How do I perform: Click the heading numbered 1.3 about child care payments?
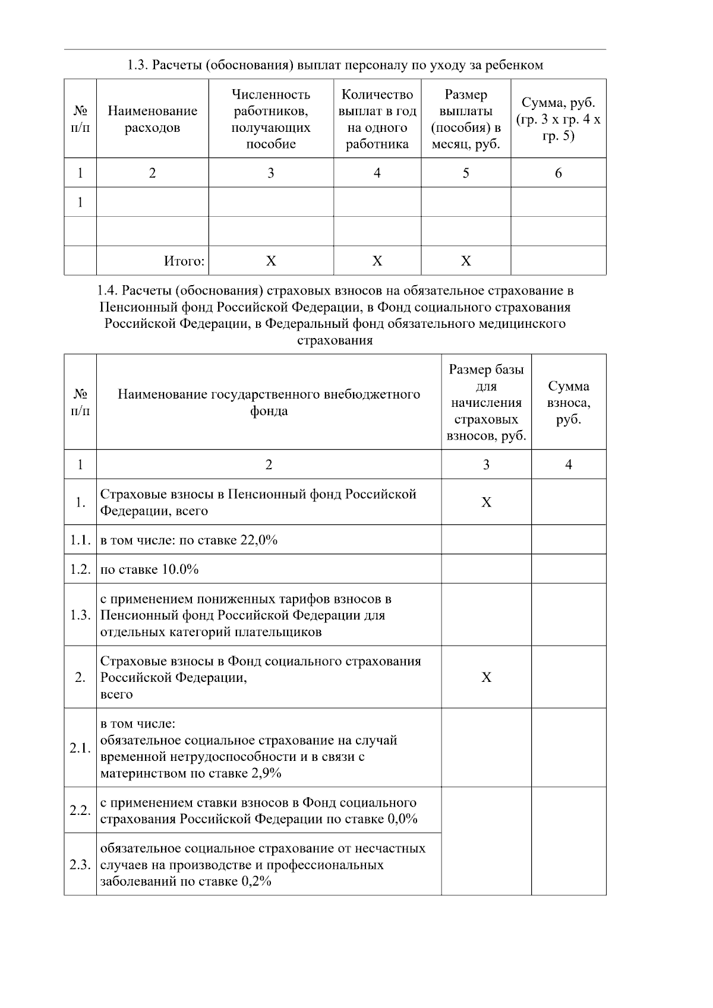[335, 65]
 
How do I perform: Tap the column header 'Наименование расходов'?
[152, 119]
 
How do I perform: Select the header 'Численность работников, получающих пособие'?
[270, 119]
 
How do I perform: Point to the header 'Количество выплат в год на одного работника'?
[377, 119]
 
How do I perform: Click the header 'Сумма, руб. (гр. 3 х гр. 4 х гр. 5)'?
[558, 119]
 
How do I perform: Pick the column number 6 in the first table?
[558, 173]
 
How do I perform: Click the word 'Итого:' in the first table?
[184, 261]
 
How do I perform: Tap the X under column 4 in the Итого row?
[377, 261]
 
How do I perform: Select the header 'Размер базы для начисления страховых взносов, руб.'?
[486, 402]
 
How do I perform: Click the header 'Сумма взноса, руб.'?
[569, 402]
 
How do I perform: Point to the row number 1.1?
[80, 540]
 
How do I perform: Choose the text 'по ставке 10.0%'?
[149, 570]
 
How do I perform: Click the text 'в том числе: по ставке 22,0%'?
[189, 540]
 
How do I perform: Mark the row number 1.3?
[80, 615]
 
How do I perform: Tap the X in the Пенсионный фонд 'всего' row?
[486, 503]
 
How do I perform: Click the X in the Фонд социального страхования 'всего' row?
[486, 677]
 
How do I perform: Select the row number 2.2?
[80, 810]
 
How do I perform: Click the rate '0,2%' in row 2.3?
[257, 881]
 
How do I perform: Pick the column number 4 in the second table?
[569, 464]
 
